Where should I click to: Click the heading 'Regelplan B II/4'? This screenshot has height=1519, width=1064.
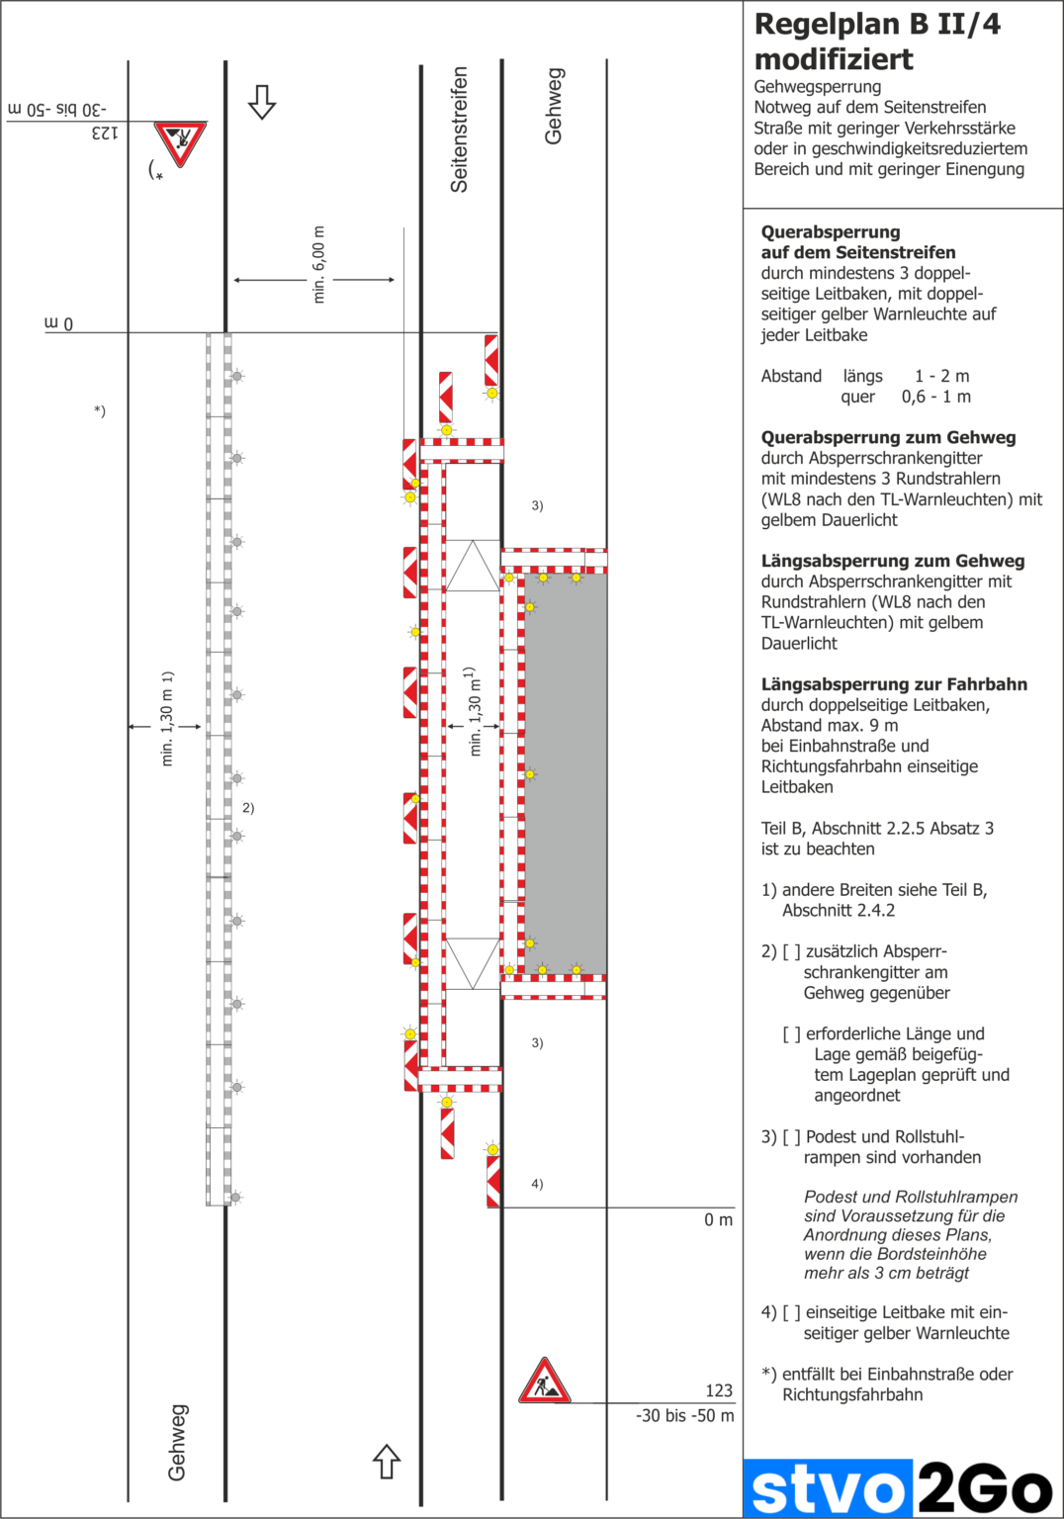point(877,25)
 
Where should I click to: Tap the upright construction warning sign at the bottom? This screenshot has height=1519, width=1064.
point(545,1382)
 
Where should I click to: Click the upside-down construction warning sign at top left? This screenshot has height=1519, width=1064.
point(180,143)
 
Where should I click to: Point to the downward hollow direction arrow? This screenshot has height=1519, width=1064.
point(262,101)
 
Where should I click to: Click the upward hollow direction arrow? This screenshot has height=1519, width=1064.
point(387,1461)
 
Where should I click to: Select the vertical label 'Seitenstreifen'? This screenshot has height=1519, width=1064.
point(459,129)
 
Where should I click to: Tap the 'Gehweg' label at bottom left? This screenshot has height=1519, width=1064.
point(177,1442)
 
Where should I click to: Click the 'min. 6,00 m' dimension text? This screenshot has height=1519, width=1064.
point(318,264)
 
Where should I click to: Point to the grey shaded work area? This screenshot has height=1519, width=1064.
point(565,771)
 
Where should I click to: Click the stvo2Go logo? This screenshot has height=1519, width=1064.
point(899,1488)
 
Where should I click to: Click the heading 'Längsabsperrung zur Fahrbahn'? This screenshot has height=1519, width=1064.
point(894,684)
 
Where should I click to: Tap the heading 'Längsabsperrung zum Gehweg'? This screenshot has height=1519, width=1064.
point(892,561)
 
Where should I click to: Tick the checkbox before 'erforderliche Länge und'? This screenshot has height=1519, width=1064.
point(791,1034)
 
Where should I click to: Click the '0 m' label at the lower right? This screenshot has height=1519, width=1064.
point(718,1220)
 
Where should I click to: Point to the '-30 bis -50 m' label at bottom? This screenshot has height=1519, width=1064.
point(684,1416)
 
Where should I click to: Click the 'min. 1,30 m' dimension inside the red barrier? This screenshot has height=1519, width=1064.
point(476,711)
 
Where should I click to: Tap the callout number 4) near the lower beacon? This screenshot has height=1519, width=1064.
point(537,1184)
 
